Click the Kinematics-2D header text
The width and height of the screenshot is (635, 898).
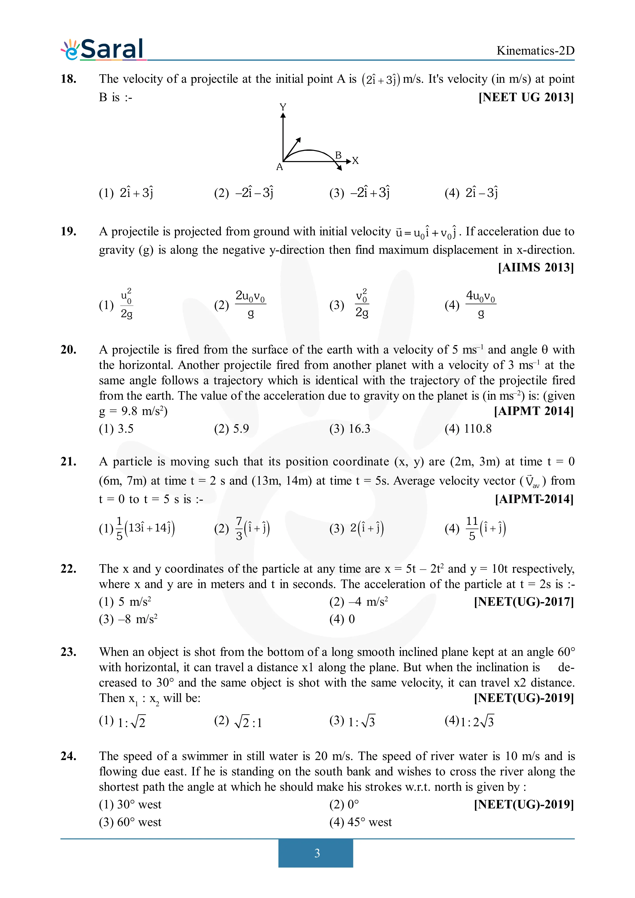(x=535, y=51)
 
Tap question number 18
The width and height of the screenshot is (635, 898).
(x=68, y=79)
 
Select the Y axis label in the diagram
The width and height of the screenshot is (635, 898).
(x=283, y=107)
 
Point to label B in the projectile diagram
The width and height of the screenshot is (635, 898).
(x=338, y=155)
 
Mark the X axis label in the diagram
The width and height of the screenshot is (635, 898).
(x=355, y=161)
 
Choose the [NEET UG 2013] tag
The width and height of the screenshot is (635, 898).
(x=526, y=97)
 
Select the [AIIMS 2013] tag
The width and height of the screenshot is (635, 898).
(x=536, y=268)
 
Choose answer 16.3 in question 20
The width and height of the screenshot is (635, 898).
(x=359, y=429)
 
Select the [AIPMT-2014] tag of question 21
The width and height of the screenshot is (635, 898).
(x=534, y=499)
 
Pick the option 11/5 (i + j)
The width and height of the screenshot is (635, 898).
(x=485, y=528)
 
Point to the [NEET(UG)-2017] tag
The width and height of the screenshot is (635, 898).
(x=524, y=602)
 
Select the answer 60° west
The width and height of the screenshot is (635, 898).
(x=139, y=822)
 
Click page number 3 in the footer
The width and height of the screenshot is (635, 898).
(x=317, y=853)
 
